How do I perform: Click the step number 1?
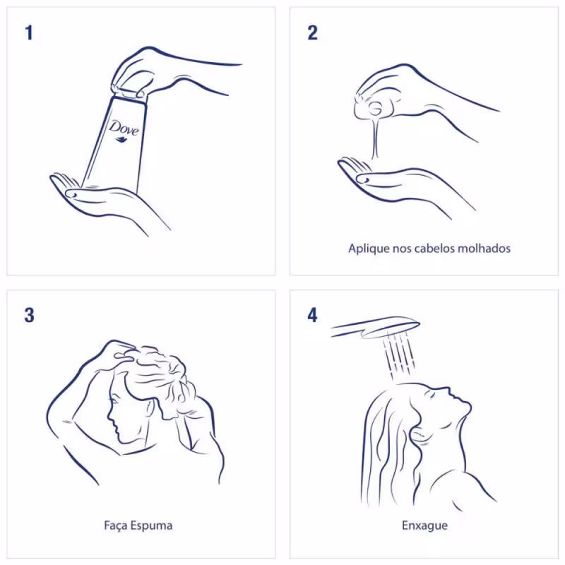[x=29, y=32]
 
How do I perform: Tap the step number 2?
[x=312, y=32]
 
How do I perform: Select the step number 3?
[x=29, y=315]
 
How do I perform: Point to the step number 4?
[x=312, y=315]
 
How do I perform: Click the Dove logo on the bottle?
[x=124, y=131]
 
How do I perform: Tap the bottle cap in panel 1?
[x=129, y=92]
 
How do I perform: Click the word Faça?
[x=116, y=525]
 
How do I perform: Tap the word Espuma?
[x=151, y=525]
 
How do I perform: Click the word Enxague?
[x=425, y=525]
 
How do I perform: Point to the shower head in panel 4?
[x=376, y=327]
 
